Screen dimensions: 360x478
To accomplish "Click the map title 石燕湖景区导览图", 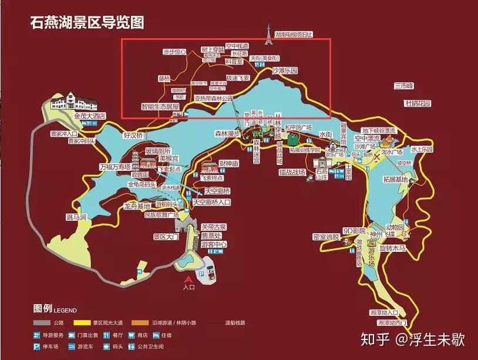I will [87, 23].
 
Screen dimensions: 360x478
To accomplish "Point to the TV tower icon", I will [268, 34].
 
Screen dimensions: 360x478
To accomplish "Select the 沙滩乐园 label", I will [284, 70].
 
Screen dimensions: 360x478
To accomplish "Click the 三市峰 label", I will [404, 86].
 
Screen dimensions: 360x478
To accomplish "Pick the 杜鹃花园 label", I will [418, 103].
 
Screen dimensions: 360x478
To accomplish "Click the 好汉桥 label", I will [133, 135].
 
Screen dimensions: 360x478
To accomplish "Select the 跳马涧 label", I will [76, 217].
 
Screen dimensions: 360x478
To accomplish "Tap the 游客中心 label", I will [214, 244].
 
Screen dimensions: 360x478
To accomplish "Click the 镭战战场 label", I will [292, 173].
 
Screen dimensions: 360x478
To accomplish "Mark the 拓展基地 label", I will [395, 179].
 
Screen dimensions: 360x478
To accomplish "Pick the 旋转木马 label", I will [392, 248].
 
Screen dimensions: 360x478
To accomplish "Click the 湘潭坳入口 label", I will [385, 312].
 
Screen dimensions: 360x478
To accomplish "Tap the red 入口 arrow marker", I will [188, 280].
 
